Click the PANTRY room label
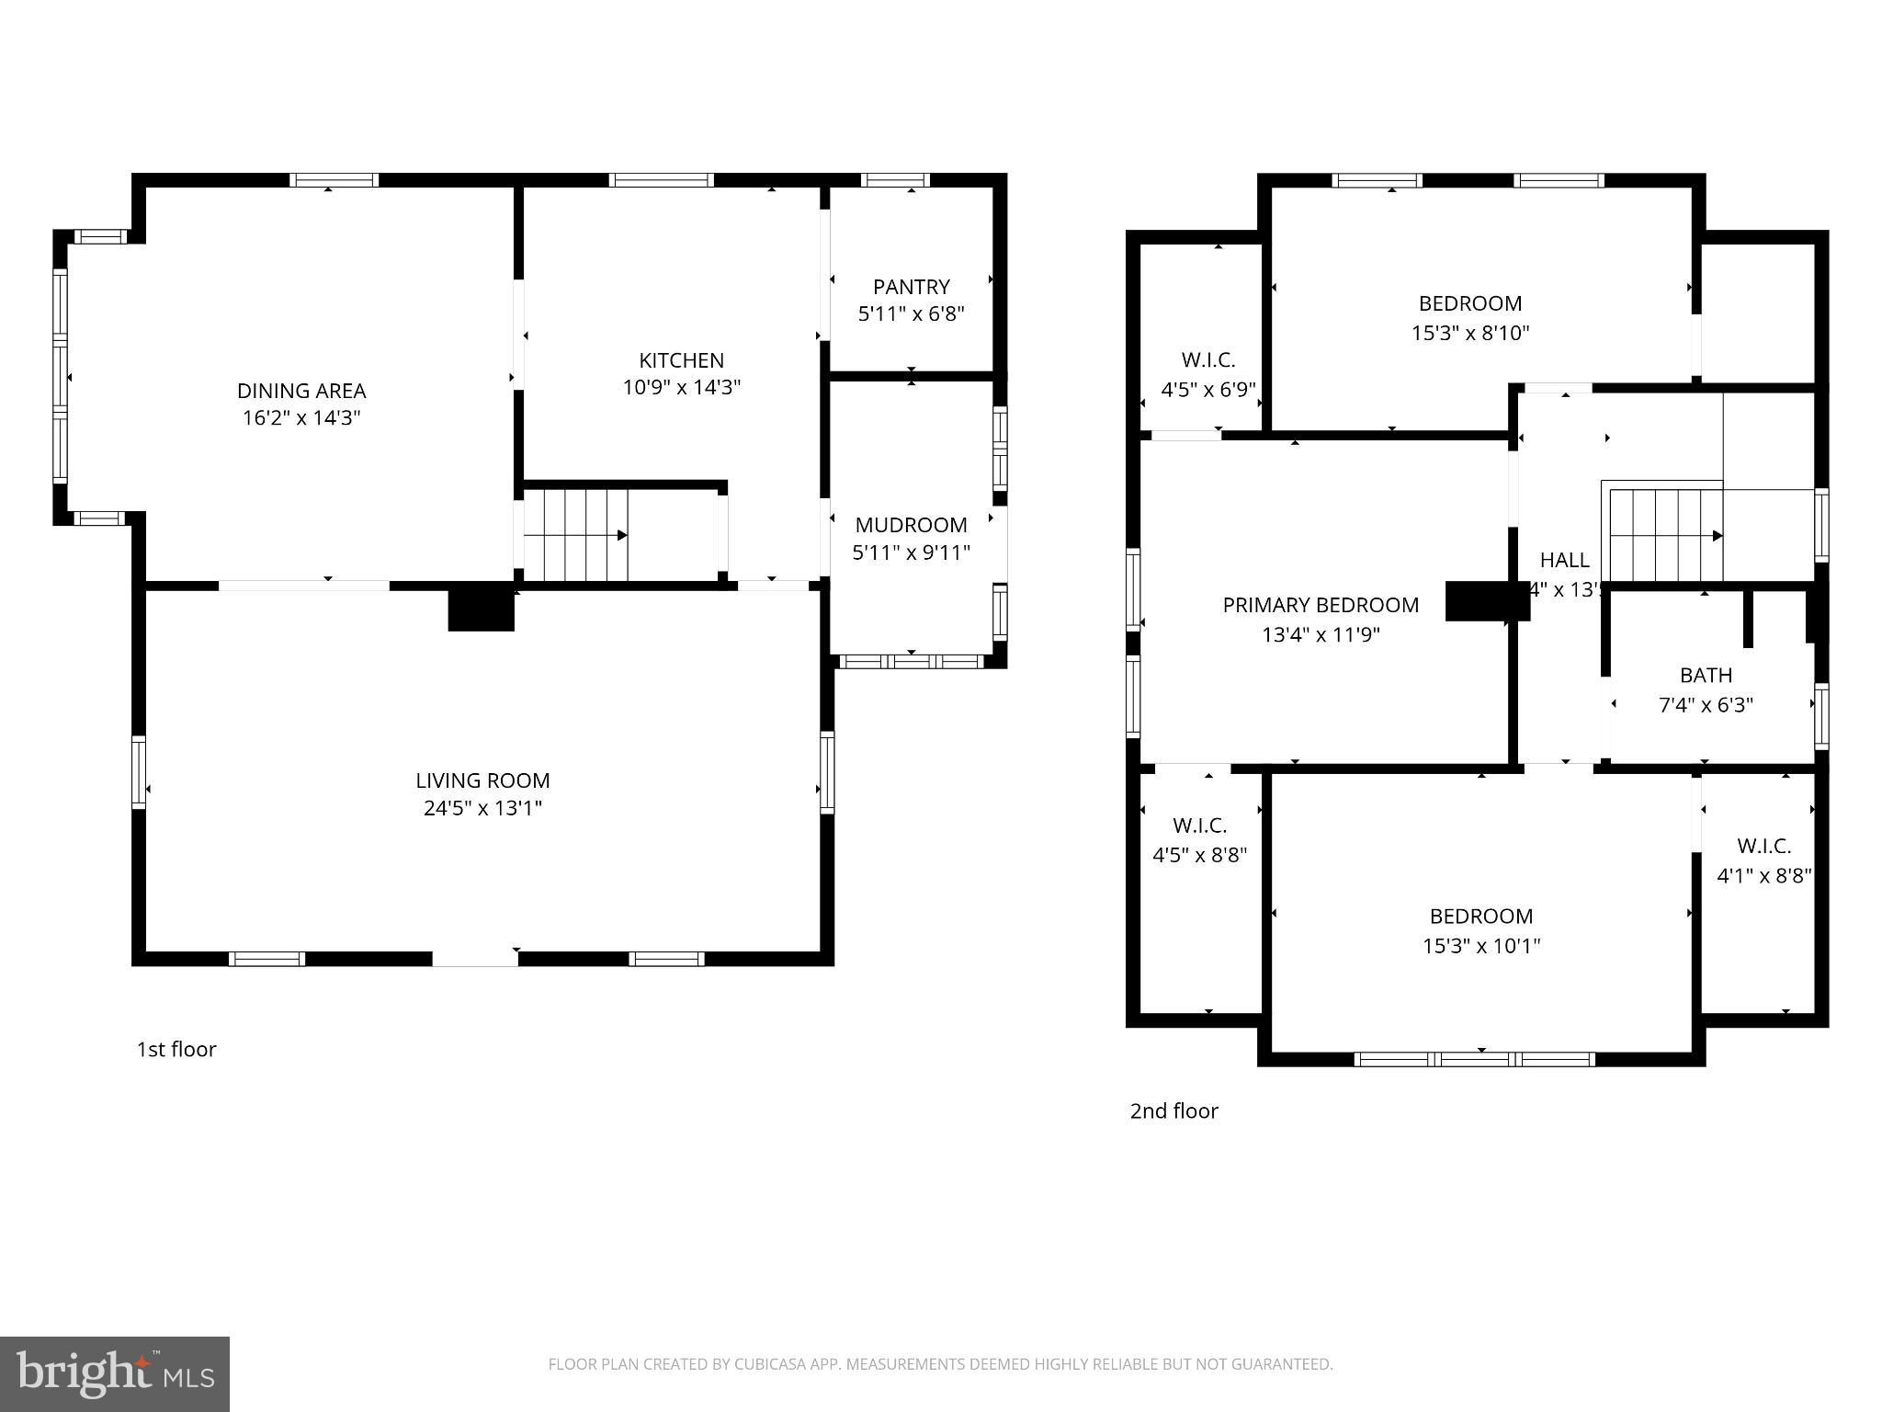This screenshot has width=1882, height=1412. pos(911,287)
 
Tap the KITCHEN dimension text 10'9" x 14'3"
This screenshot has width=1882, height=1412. pos(681,387)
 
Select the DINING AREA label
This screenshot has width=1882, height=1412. pos(301,391)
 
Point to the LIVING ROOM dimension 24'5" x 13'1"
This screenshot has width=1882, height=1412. pos(482,808)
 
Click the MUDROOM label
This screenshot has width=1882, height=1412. pos(911,525)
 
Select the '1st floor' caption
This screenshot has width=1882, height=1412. pos(176,1049)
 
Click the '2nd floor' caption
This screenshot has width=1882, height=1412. pos(1173,1110)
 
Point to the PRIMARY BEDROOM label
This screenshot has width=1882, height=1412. pos(1321,605)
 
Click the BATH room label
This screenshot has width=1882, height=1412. pos(1706,676)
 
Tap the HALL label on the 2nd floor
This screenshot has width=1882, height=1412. pos(1564,560)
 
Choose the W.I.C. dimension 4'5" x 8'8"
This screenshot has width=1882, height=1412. pos(1199,855)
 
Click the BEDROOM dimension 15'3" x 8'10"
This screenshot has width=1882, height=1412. pos(1470,333)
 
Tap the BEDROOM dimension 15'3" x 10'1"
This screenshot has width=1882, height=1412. pos(1481,945)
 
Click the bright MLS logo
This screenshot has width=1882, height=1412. pos(115,1373)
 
